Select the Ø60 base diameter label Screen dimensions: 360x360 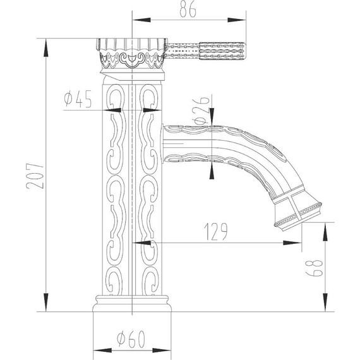(132, 339)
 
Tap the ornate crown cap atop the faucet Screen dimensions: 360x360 (131, 54)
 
